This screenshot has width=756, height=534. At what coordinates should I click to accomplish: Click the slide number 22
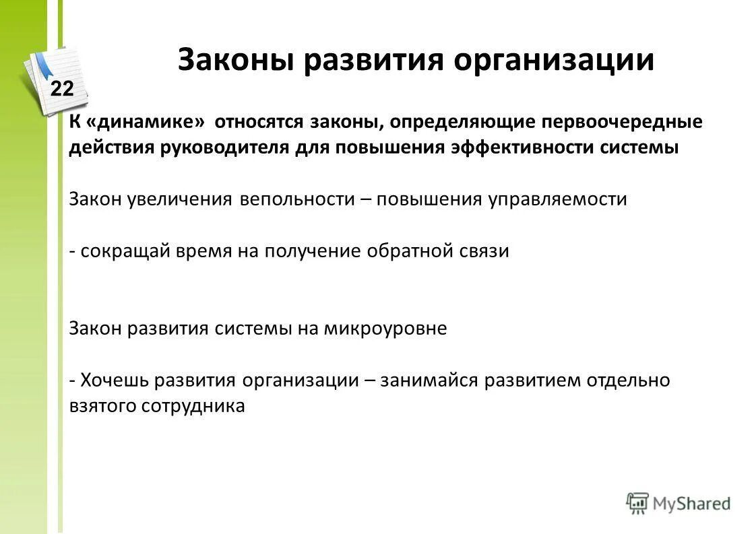coord(62,88)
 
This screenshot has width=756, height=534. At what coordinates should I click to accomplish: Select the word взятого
coord(102,406)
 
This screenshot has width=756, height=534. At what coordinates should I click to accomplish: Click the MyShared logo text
coord(690,502)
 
